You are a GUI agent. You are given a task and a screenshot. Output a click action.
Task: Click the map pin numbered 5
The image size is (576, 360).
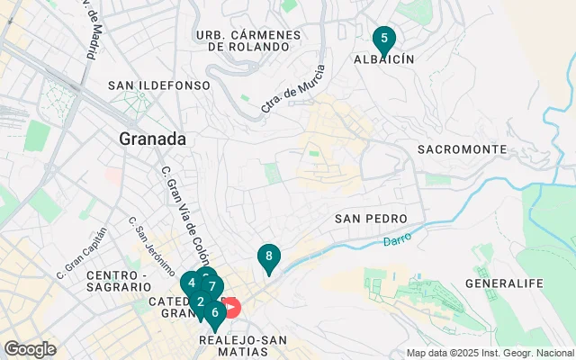(384, 40)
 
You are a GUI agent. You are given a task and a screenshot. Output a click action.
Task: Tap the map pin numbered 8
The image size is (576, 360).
(268, 256)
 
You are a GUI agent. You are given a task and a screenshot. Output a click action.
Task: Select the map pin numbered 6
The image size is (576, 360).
(214, 312)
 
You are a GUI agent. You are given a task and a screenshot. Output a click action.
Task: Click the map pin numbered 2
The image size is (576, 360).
(200, 301)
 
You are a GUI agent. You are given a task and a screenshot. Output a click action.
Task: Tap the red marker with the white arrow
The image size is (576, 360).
(230, 308)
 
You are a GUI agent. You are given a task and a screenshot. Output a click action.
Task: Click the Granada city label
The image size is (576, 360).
(153, 139)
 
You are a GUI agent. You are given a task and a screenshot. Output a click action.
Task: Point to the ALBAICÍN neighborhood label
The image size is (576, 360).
(382, 58)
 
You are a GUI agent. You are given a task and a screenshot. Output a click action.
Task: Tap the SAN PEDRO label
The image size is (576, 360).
(371, 219)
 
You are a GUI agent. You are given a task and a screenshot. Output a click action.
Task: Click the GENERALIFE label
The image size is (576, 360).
(504, 283)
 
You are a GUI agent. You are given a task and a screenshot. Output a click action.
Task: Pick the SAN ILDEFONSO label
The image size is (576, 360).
(158, 85)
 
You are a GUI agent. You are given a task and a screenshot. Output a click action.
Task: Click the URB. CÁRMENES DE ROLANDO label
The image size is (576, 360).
(247, 40)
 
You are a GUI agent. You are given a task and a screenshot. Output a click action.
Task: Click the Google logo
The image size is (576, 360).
(30, 348)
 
